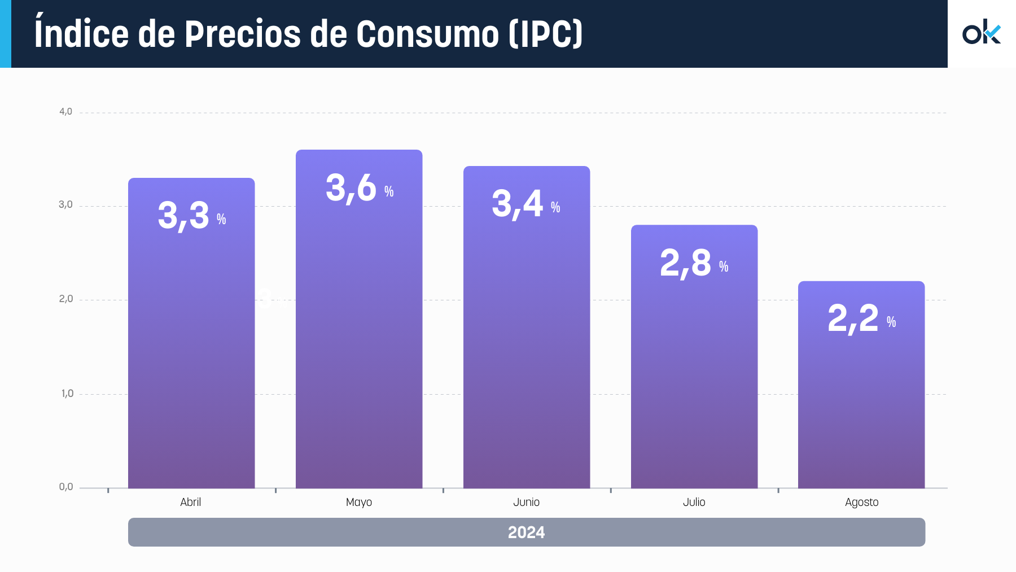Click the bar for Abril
(191, 339)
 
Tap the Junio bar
(527, 339)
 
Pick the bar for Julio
(694, 367)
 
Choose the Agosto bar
(861, 395)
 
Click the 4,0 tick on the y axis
(65, 112)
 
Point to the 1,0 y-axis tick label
(67, 394)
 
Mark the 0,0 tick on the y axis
(66, 487)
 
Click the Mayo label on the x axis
(359, 502)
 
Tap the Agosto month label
(861, 502)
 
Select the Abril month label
(191, 502)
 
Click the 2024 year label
(527, 532)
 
